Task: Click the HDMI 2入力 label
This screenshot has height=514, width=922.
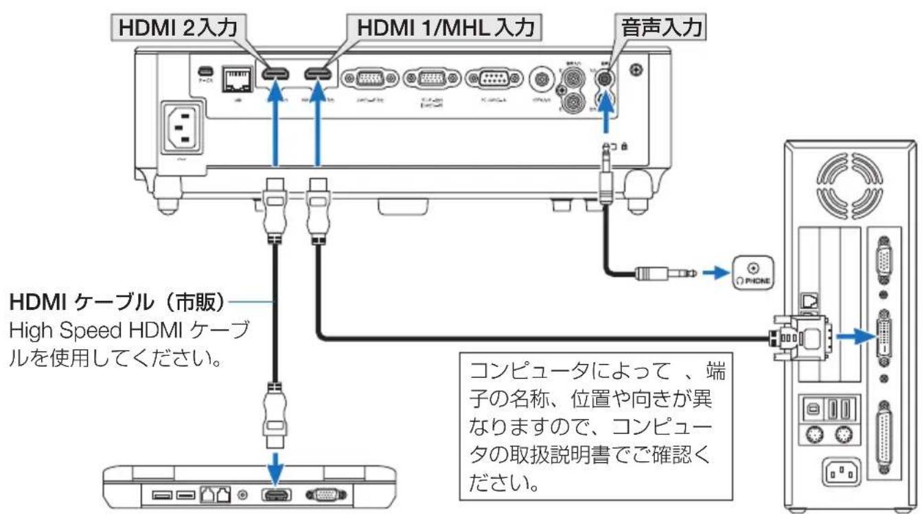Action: click(176, 29)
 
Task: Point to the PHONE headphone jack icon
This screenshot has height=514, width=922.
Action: click(754, 272)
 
